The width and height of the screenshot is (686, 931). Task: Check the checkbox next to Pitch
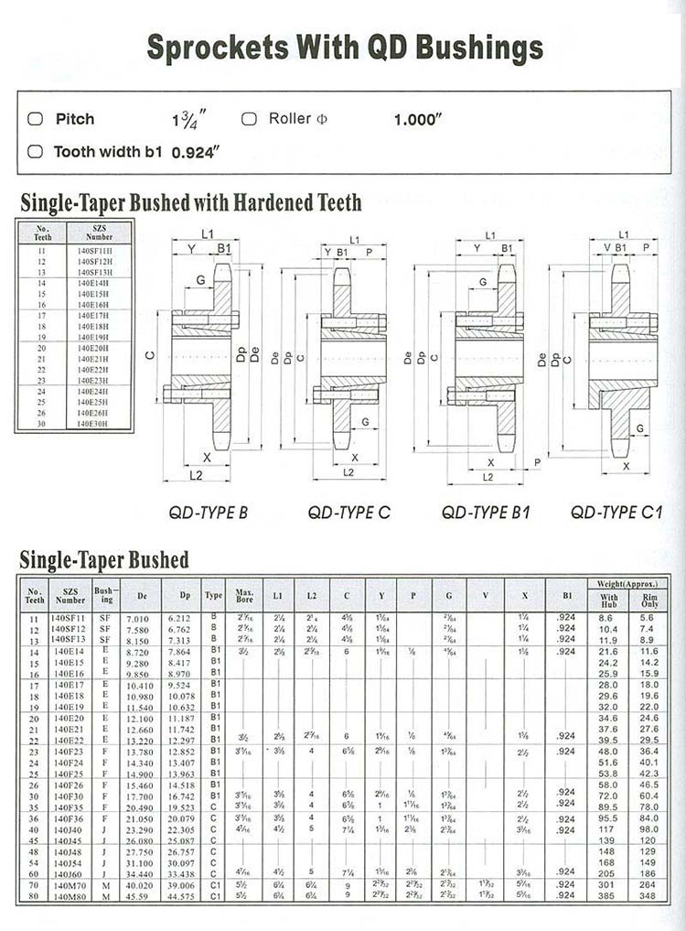(x=36, y=119)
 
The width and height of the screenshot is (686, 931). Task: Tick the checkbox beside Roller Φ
(x=249, y=119)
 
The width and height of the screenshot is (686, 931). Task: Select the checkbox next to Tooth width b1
(x=36, y=152)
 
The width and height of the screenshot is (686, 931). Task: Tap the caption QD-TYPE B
(x=209, y=513)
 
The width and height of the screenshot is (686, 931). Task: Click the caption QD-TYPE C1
(x=616, y=513)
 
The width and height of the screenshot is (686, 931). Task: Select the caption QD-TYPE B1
(x=486, y=513)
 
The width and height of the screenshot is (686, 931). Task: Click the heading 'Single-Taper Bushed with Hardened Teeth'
(x=191, y=201)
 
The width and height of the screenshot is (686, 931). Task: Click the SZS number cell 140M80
(x=70, y=894)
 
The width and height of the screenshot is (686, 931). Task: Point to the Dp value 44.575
(x=185, y=894)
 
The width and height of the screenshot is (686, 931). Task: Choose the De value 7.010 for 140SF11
(x=137, y=619)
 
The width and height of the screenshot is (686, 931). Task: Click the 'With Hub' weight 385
(x=608, y=894)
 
